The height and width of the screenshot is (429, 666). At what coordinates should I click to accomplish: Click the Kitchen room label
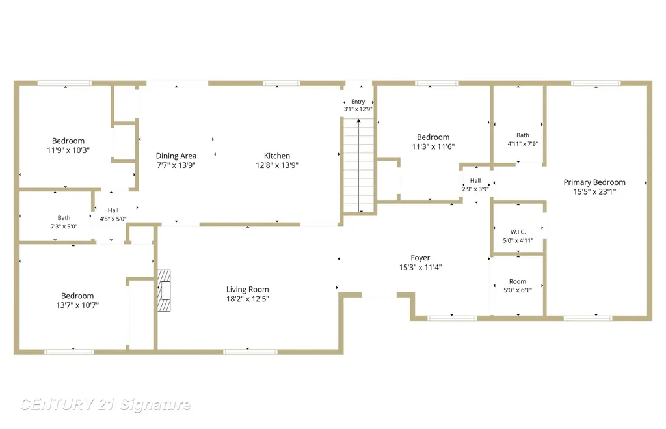(277, 156)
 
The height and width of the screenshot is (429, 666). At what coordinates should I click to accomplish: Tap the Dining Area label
(176, 156)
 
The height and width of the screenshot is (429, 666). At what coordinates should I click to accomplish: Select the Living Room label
(247, 290)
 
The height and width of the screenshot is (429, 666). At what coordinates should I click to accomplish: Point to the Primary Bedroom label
(594, 182)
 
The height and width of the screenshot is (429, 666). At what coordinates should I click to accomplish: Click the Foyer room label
(420, 258)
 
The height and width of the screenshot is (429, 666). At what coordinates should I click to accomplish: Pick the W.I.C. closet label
(518, 232)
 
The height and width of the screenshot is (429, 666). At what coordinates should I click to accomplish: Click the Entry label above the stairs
(358, 102)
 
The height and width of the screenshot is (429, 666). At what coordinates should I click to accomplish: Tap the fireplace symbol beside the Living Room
(164, 290)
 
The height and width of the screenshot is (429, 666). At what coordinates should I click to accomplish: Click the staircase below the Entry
(358, 166)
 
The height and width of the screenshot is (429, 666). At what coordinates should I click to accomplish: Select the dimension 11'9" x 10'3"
(68, 150)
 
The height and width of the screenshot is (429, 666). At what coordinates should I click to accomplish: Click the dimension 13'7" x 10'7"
(77, 305)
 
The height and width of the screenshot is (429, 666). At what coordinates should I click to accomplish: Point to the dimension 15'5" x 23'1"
(594, 192)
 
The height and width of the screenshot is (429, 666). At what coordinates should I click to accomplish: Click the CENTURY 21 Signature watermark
(105, 404)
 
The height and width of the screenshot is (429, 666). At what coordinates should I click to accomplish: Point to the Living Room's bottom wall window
(250, 352)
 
